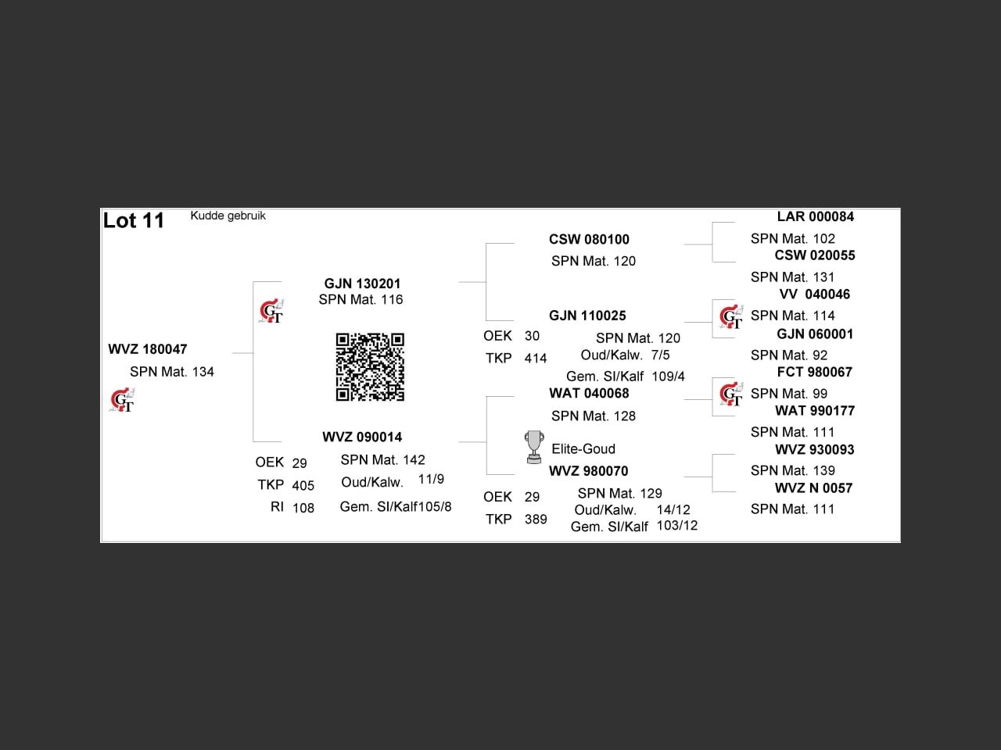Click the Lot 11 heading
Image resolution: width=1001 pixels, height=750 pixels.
(134, 220)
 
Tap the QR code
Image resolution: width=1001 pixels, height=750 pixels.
(370, 366)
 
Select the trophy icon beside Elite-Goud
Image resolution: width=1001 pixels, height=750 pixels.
(534, 447)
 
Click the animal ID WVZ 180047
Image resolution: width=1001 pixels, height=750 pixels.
(148, 349)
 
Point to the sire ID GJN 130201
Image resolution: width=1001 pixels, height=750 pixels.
(362, 284)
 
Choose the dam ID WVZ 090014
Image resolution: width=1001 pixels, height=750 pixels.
(362, 437)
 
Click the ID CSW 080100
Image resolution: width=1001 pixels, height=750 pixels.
(589, 239)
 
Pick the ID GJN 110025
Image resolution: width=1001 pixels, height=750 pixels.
(587, 316)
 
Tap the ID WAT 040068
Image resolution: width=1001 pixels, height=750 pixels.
(589, 393)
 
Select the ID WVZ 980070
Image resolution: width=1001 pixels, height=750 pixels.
(588, 471)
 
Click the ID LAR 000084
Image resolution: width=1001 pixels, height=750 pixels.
(815, 216)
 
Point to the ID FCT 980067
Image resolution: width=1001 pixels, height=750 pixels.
(814, 372)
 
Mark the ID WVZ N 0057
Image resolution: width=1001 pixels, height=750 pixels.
(813, 488)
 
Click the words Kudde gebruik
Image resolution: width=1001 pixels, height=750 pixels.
(228, 216)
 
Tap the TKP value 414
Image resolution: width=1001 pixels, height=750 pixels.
(536, 359)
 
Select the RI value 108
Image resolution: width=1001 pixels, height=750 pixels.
(303, 508)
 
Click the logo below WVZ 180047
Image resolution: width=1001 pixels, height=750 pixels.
(122, 401)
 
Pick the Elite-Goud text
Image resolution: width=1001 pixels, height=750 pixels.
(583, 448)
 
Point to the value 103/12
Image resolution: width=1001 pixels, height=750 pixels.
(676, 525)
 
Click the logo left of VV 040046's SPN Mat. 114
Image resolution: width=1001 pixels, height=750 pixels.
(731, 317)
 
